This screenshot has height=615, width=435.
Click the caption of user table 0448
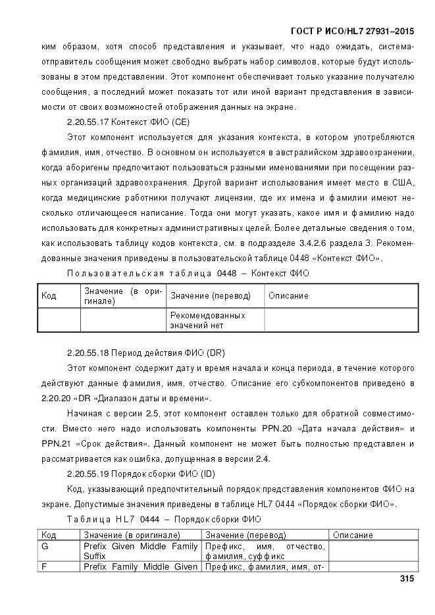(188, 273)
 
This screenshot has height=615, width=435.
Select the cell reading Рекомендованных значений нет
(207, 320)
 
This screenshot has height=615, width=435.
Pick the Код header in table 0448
(49, 295)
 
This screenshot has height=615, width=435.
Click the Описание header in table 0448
(288, 296)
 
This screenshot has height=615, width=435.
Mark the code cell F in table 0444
(45, 566)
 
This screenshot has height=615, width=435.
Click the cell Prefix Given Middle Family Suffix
(140, 551)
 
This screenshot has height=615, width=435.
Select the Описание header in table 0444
(353, 535)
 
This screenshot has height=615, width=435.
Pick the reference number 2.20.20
(54, 399)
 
